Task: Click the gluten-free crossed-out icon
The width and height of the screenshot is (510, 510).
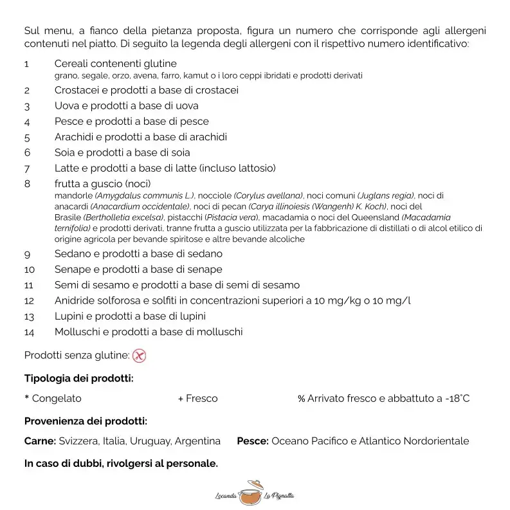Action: point(139,355)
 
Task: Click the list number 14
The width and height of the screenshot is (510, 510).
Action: point(30,332)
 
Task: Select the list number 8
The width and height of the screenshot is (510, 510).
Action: point(27,184)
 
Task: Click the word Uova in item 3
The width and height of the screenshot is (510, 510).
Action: point(67,106)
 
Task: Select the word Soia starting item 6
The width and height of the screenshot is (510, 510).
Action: point(65,153)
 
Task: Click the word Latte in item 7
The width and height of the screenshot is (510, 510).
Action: point(68,168)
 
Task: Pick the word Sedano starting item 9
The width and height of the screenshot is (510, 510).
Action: point(73,253)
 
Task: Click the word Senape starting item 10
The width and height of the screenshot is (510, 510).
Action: point(73,269)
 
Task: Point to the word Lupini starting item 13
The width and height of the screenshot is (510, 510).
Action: point(70,316)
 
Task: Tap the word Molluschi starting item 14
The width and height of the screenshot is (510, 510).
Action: point(77,332)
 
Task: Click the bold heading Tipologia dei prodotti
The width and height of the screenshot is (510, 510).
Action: point(79,378)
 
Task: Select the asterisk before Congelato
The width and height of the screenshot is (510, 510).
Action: point(26,398)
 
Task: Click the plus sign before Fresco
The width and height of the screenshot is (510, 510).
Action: point(181,399)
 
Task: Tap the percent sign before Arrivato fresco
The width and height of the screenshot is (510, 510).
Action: point(301,399)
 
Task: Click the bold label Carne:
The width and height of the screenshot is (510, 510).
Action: point(40,441)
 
